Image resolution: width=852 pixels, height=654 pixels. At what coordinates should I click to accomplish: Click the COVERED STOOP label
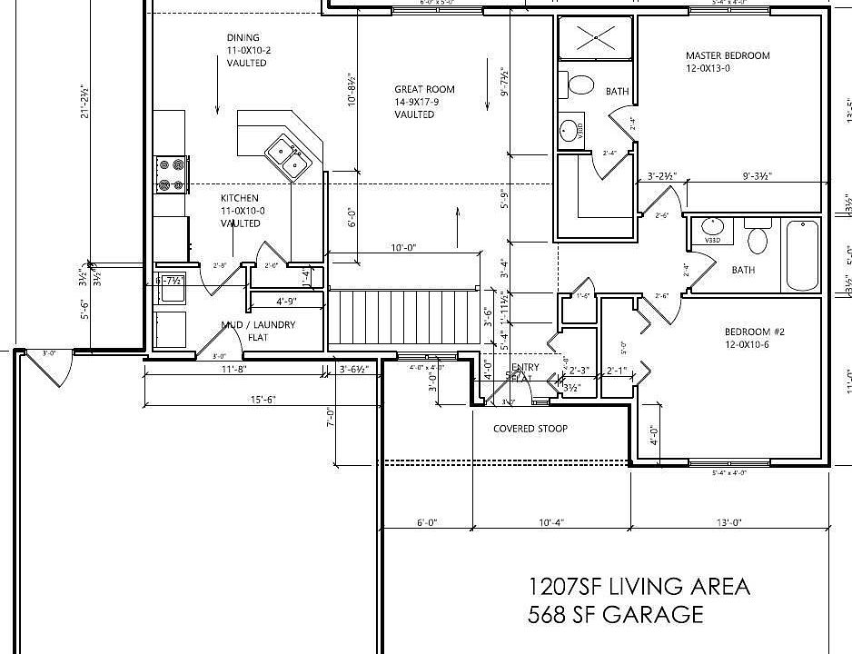[x=530, y=428]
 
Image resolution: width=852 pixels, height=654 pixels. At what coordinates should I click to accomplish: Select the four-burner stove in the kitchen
[x=172, y=175]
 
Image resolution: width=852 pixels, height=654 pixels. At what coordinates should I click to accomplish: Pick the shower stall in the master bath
[x=594, y=37]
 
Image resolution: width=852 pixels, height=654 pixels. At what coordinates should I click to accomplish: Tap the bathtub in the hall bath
[x=803, y=255]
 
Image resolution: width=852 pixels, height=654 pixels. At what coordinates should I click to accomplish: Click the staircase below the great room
[x=401, y=316]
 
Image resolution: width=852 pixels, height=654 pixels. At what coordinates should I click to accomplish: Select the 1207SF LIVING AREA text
[x=639, y=586]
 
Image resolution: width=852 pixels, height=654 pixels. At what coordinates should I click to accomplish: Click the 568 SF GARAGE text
[x=615, y=615]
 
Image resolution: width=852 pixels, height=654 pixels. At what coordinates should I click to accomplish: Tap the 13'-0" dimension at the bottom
[x=729, y=521]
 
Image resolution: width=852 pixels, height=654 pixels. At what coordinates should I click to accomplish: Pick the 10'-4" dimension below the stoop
[x=552, y=521]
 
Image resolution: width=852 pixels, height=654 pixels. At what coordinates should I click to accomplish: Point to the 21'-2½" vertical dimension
[x=84, y=102]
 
